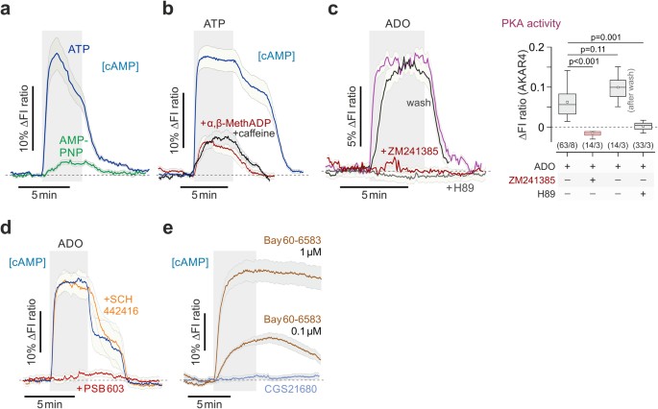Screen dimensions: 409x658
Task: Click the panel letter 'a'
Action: (7, 10)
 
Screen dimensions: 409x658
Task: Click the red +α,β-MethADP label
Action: (234, 123)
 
